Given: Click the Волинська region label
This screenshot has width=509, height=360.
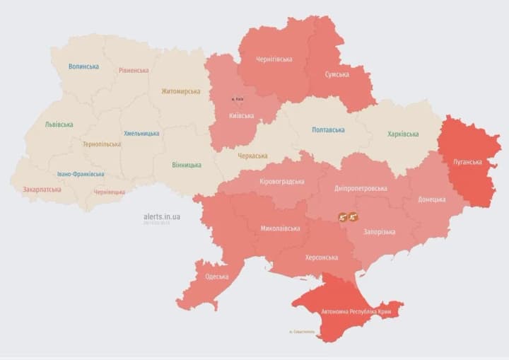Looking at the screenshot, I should [83, 66].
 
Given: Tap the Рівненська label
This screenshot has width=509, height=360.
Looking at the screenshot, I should [134, 70].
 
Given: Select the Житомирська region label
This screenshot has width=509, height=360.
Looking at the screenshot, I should [180, 91].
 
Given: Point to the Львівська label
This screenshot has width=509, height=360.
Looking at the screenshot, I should [59, 124].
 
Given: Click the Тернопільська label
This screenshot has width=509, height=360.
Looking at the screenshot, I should [101, 144].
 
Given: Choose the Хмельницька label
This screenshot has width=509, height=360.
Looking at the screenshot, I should [141, 133].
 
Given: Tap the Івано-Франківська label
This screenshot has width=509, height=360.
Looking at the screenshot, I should [81, 174].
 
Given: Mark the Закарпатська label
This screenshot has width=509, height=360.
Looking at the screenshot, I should [42, 190].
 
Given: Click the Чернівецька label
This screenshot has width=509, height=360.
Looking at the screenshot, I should [110, 192].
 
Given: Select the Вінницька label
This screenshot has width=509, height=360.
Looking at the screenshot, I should [186, 165].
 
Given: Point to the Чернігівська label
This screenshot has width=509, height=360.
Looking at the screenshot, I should [274, 59].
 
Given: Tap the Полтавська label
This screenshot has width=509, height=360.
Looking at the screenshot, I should [329, 130].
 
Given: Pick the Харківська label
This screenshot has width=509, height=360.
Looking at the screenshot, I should [403, 134].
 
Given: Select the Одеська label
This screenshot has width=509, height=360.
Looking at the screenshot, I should [216, 277].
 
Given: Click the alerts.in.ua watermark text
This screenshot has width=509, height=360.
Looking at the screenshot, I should [161, 216].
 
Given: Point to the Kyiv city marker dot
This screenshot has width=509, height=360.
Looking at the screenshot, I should [235, 100].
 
